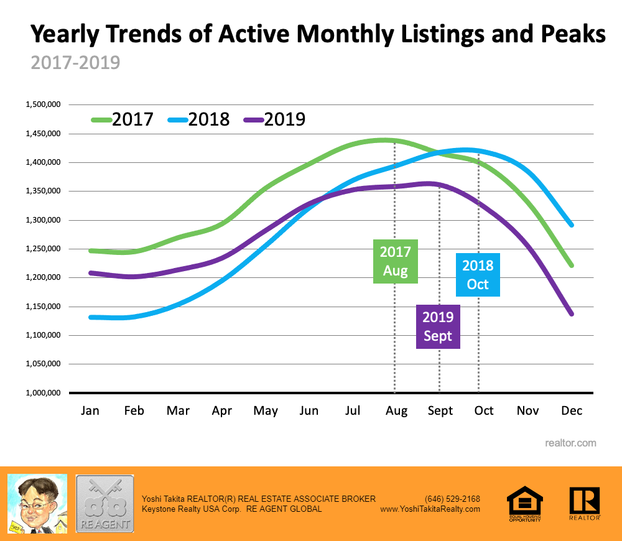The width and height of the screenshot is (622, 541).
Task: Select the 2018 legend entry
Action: click(x=199, y=119)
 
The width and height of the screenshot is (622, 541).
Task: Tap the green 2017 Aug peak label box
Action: click(x=396, y=261)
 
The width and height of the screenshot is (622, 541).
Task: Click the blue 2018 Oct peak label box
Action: click(x=478, y=275)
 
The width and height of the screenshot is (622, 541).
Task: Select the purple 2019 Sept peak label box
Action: click(x=438, y=326)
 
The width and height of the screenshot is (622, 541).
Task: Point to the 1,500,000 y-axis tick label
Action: click(x=43, y=105)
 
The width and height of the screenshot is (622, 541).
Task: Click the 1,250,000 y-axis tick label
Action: click(x=43, y=249)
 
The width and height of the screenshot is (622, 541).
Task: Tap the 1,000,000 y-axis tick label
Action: click(x=43, y=393)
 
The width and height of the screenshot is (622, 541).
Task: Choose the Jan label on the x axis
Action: click(x=90, y=411)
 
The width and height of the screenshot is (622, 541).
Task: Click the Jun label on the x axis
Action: click(x=309, y=411)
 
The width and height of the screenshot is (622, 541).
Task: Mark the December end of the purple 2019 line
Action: click(x=572, y=314)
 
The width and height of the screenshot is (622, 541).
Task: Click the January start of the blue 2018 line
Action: click(x=91, y=317)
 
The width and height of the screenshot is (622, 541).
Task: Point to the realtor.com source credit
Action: click(x=570, y=443)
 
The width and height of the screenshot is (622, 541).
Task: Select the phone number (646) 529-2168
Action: click(x=452, y=499)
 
